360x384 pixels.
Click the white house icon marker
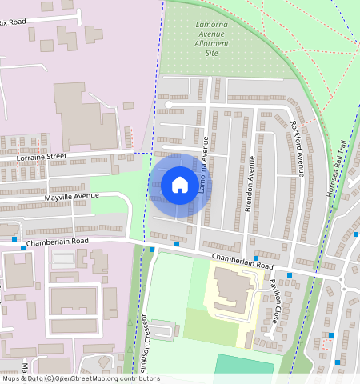[x=180, y=185]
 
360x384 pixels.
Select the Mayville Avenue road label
[x=72, y=196]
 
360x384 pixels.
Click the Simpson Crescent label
[x=144, y=341]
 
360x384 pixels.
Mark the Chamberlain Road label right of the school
[x=242, y=261]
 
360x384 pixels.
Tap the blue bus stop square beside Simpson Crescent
[x=152, y=250]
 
